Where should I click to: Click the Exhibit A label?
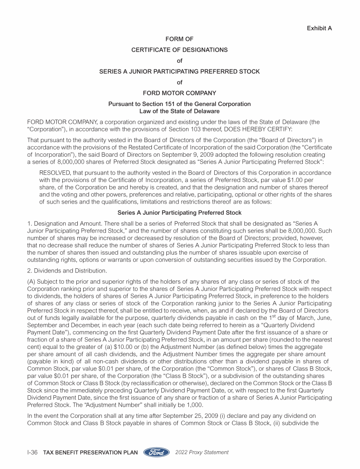[x=319, y=28]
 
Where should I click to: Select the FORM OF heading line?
[x=180, y=39]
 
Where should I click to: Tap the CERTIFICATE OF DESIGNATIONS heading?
[x=180, y=50]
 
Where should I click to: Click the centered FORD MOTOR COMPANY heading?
[x=180, y=93]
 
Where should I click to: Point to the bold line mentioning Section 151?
[x=180, y=104]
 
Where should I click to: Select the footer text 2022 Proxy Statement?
[x=202, y=453]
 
